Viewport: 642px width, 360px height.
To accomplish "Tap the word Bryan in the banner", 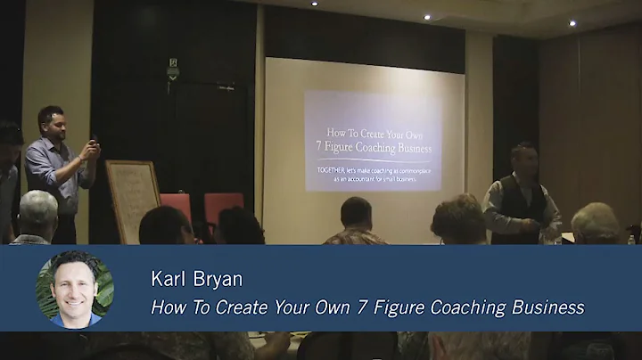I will click(x=218, y=280).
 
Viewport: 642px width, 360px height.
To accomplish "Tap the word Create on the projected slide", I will click(x=367, y=129).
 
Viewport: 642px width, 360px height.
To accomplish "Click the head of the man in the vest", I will click(x=524, y=157).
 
